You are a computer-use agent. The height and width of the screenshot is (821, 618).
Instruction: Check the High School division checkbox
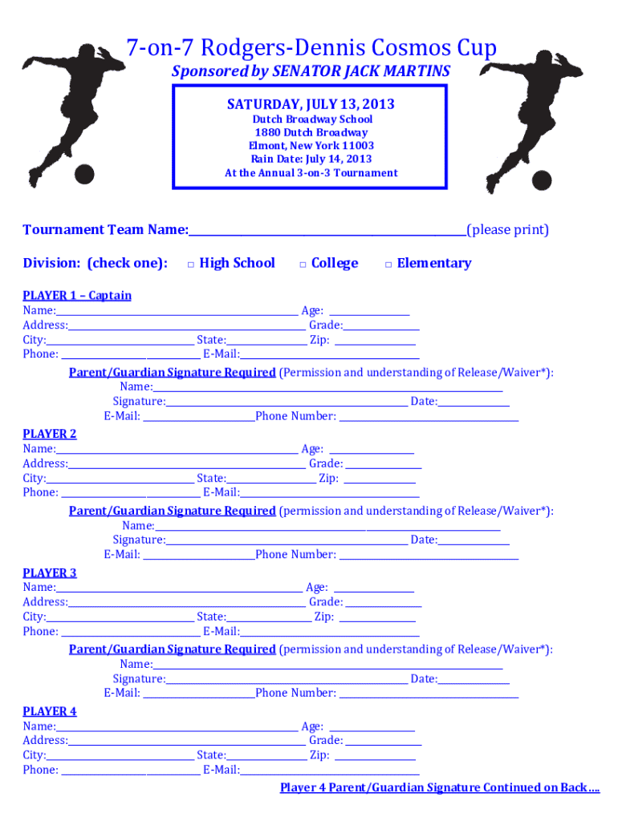click(191, 264)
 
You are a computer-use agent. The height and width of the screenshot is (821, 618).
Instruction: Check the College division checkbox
click(303, 264)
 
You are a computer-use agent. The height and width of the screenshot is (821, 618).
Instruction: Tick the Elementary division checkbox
click(388, 264)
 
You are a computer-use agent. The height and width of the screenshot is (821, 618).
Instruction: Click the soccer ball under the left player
click(84, 173)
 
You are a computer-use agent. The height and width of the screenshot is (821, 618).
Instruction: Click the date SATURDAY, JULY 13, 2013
click(311, 104)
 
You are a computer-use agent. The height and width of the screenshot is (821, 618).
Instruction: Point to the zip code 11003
click(358, 146)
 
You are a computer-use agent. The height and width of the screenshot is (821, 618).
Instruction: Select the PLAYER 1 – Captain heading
click(77, 295)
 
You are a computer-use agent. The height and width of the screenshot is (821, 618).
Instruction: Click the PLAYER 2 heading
click(50, 434)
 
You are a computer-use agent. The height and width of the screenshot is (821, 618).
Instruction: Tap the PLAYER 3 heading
click(50, 572)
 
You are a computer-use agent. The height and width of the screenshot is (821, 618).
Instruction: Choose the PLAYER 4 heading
click(50, 711)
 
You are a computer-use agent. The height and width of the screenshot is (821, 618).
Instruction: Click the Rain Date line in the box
click(311, 159)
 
